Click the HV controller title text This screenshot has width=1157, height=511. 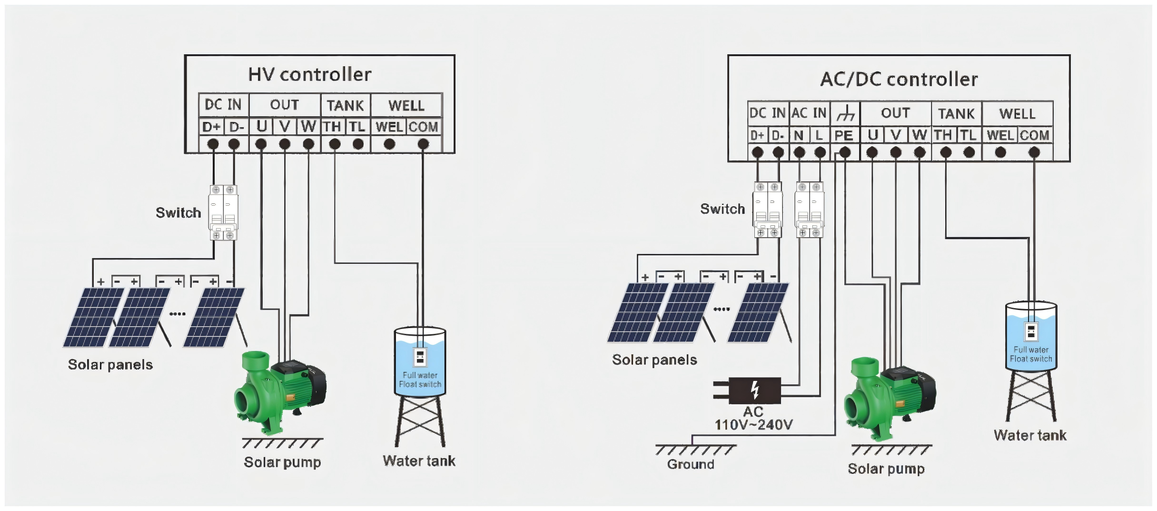(x=309, y=75)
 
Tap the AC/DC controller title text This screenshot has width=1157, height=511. (x=899, y=80)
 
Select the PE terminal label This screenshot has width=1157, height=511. (x=844, y=136)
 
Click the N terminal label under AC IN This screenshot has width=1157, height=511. (x=799, y=136)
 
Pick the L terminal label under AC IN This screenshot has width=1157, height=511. (x=819, y=136)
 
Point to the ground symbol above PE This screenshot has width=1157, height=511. (x=845, y=114)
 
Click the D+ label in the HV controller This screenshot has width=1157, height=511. (x=211, y=127)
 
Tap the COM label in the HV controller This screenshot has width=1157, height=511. (x=423, y=127)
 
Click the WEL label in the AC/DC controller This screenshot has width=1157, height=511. (x=1000, y=136)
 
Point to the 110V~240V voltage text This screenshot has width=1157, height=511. (x=753, y=425)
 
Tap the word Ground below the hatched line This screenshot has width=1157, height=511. (x=691, y=464)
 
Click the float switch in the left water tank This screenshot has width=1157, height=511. (x=420, y=356)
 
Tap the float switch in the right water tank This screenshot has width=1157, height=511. (x=1030, y=331)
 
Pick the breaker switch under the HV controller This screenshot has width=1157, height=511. (x=223, y=213)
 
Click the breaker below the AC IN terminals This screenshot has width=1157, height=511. (x=809, y=210)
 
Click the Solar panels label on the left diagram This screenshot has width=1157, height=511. (x=110, y=365)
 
